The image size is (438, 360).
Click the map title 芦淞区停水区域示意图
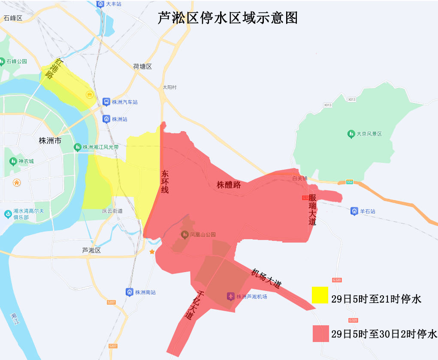[x=227, y=18]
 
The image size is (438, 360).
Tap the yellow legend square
[x=320, y=295]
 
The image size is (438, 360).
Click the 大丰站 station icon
[x=100, y=4]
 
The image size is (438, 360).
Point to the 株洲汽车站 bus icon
[x=106, y=102]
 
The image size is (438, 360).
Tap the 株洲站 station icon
[x=106, y=119]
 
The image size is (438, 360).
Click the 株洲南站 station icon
[x=129, y=292]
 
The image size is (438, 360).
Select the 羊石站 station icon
[x=354, y=211]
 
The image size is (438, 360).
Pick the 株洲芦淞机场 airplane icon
[x=231, y=296]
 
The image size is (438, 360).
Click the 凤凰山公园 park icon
[x=184, y=234]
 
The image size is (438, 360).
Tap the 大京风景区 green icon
[x=351, y=134]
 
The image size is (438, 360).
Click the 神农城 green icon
[x=13, y=161]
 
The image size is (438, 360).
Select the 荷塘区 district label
[x=142, y=66]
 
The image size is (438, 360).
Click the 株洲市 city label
[x=50, y=141]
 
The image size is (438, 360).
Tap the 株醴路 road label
[x=229, y=185]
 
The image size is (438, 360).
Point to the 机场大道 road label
[x=266, y=278]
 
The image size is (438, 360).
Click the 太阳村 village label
[x=169, y=87]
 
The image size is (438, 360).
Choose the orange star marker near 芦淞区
[x=152, y=252]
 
